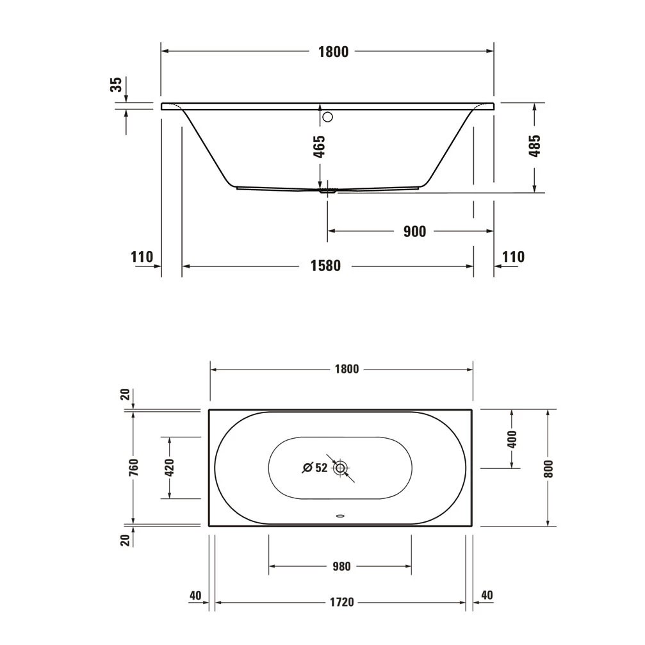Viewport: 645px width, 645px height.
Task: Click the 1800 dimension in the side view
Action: coord(334,52)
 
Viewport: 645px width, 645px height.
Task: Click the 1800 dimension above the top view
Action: coord(346,369)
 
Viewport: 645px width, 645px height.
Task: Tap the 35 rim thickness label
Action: coord(116,85)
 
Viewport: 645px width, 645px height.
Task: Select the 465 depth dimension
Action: coord(320,146)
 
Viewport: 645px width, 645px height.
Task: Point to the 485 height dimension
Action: coord(535,146)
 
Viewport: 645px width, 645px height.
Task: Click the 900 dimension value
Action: coord(414,231)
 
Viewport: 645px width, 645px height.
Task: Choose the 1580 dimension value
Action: coord(327,265)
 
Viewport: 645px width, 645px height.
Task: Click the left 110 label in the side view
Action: coord(142,257)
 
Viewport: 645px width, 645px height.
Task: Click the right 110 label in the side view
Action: coord(513,257)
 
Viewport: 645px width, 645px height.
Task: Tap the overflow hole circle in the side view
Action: coord(328,117)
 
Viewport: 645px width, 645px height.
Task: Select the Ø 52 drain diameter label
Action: coord(315,468)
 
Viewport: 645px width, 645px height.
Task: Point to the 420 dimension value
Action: coord(170,468)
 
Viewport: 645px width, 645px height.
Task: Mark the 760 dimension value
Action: coord(133,468)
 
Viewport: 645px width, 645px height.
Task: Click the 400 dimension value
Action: coord(512,439)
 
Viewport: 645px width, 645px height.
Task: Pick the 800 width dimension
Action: coord(548,468)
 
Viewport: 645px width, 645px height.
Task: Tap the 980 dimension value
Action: coord(341,566)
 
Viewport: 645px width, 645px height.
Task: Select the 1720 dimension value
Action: coord(342,603)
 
